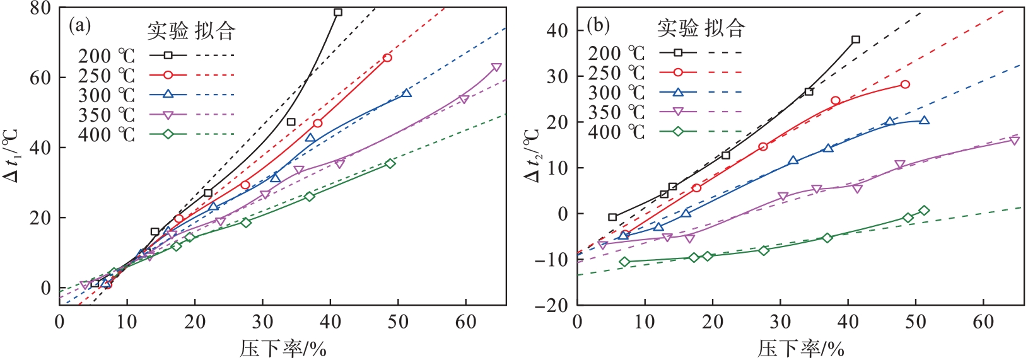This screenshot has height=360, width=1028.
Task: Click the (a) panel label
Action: click(79, 26)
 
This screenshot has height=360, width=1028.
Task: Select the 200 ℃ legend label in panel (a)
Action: click(106, 56)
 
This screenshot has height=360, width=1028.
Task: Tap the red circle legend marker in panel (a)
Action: click(168, 75)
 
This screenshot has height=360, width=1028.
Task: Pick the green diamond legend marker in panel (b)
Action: click(678, 132)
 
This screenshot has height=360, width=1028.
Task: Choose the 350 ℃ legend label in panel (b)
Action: click(616, 112)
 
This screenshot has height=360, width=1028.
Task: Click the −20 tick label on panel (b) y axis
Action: click(550, 306)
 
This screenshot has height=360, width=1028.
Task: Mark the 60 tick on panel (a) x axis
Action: click(466, 322)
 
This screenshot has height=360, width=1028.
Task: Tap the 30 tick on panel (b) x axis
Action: click(780, 322)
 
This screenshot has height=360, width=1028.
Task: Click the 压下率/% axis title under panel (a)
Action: click(283, 347)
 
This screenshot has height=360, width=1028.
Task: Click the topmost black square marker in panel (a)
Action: click(338, 12)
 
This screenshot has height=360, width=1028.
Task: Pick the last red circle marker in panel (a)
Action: click(387, 58)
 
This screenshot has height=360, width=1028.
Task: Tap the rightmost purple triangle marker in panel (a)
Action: click(496, 67)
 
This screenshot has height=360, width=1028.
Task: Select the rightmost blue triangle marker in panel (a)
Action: click(406, 93)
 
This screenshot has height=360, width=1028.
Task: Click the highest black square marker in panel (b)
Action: click(856, 40)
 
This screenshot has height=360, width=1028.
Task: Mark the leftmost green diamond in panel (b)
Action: click(624, 262)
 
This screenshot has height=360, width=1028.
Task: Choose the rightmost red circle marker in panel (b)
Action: click(905, 84)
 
